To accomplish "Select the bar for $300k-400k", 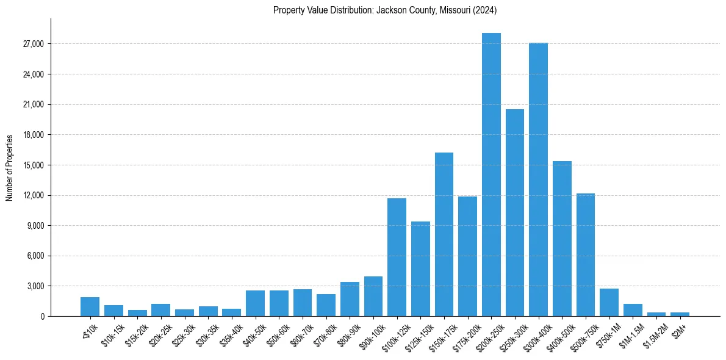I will tap(538, 179).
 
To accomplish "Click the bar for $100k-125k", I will tap(397, 257).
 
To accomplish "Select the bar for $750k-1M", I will tap(609, 302).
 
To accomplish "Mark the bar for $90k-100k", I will tap(373, 296).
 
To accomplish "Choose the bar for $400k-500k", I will tap(562, 239).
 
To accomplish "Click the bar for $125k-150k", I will tap(420, 268).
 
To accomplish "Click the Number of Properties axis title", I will tap(10, 167).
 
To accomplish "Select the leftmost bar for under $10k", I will tap(90, 306).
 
